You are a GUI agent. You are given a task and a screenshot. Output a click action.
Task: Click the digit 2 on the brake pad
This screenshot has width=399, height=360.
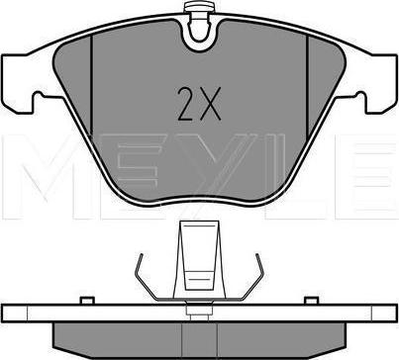186,104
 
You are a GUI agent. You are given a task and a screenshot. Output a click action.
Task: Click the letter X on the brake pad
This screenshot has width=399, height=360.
210,104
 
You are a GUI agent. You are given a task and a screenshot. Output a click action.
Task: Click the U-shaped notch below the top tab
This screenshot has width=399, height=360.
199,37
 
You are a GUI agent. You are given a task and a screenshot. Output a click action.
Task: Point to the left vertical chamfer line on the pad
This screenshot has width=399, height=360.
91,85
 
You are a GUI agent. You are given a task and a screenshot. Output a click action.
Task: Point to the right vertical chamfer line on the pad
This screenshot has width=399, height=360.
307,86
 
